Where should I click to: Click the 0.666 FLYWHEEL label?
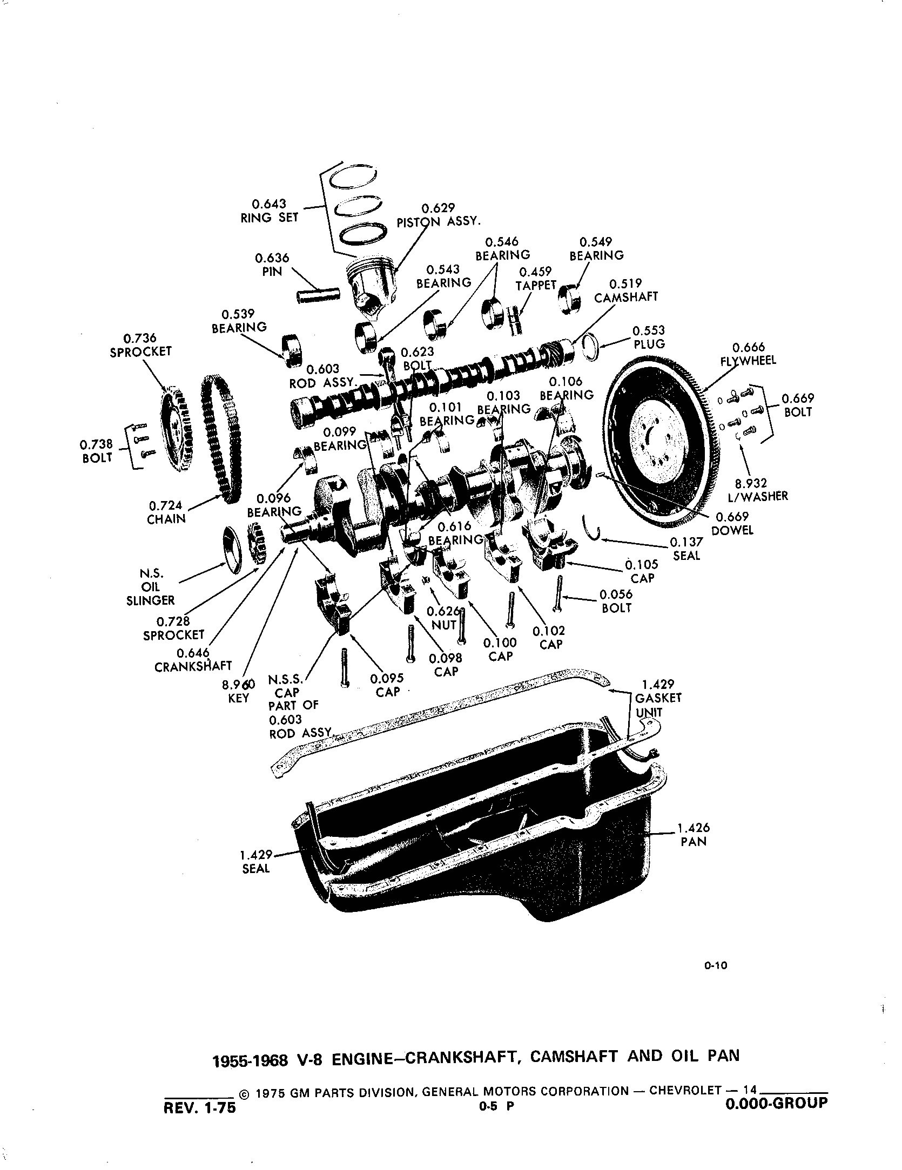(x=748, y=354)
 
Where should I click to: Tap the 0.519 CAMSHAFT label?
(x=626, y=290)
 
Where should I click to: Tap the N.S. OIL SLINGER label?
(x=150, y=586)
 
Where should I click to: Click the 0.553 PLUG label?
(x=649, y=337)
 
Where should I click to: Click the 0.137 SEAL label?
(x=686, y=549)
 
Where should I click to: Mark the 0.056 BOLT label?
(x=616, y=601)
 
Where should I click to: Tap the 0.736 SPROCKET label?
(x=140, y=344)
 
